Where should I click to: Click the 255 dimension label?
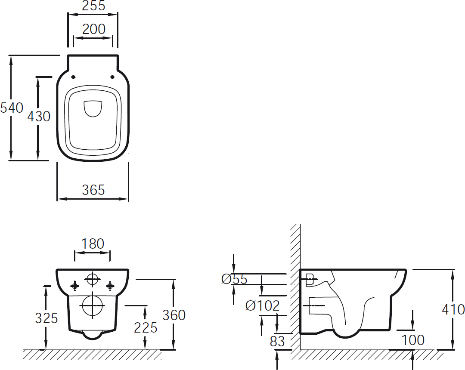(x=93, y=5)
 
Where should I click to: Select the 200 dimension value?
(x=94, y=29)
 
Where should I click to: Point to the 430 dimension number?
(x=39, y=116)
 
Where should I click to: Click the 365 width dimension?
(x=93, y=190)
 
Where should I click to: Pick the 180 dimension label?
(x=93, y=244)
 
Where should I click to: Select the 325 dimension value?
(x=46, y=318)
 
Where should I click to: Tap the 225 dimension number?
(x=146, y=327)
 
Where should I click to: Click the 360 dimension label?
(x=174, y=315)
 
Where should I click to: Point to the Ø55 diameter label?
(x=234, y=279)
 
